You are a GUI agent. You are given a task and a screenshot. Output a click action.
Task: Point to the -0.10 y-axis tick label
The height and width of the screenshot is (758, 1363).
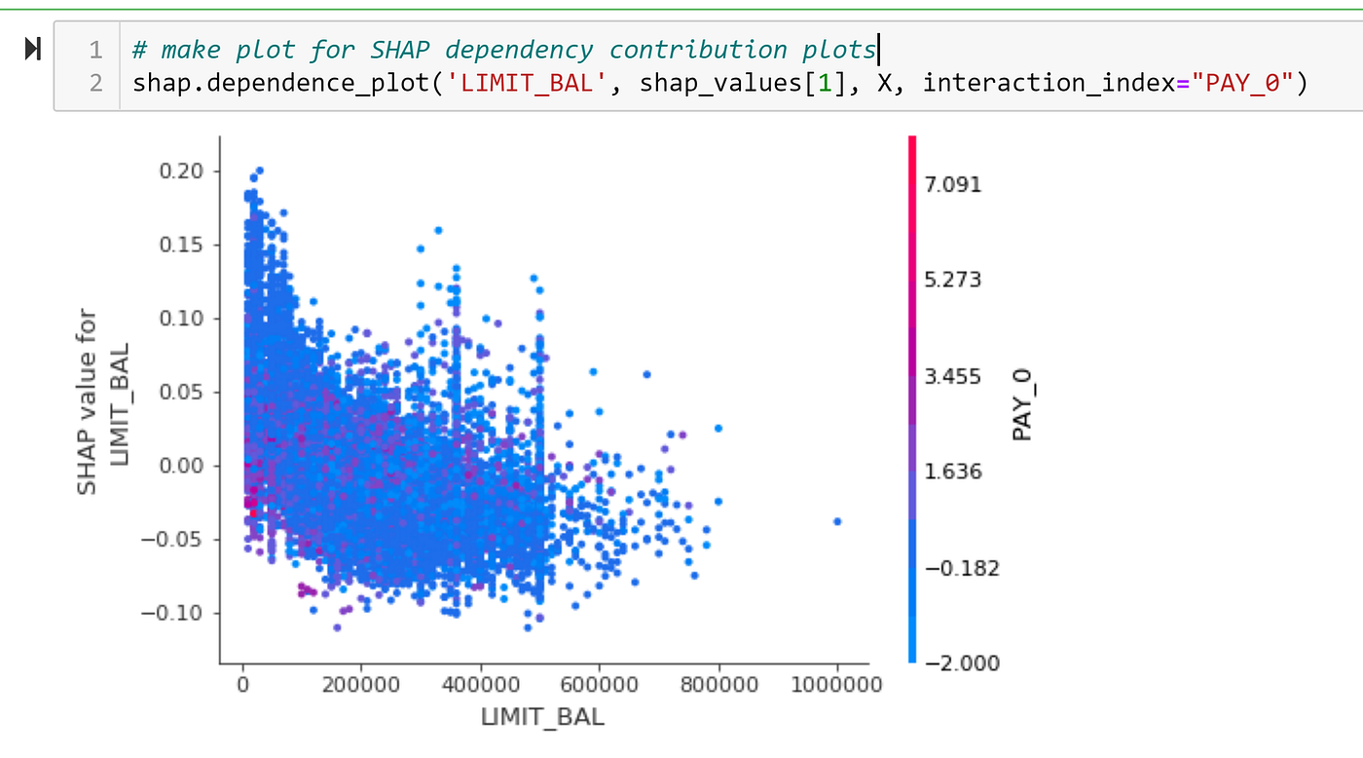[x=176, y=613]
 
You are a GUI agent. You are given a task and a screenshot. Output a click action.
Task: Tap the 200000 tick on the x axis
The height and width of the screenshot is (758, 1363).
[x=360, y=685]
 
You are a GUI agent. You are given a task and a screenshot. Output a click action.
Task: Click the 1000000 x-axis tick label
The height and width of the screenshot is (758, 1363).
[x=835, y=685]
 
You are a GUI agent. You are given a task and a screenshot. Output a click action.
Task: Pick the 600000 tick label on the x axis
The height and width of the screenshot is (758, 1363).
[x=599, y=685]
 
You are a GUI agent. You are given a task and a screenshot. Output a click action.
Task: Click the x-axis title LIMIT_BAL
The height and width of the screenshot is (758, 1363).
[x=542, y=718]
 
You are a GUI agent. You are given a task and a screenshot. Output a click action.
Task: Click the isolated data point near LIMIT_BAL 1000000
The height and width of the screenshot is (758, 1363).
[x=836, y=521]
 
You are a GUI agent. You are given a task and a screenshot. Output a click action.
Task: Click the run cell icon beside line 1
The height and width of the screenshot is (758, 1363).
[x=32, y=49]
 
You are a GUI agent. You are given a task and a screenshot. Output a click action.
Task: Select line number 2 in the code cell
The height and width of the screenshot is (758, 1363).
[x=95, y=83]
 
